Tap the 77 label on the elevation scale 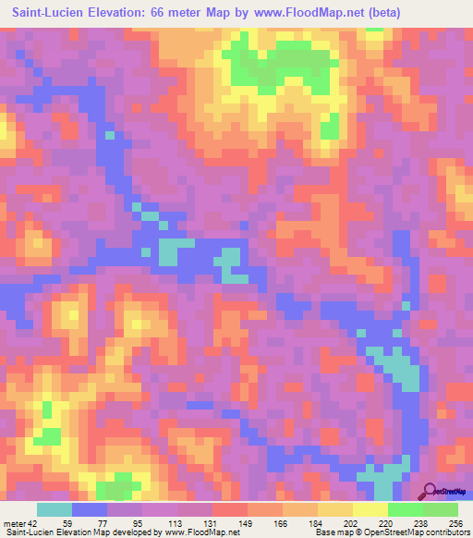91,522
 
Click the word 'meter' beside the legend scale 14,522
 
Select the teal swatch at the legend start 54,509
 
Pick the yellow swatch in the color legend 370,509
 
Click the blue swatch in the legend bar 90,509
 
